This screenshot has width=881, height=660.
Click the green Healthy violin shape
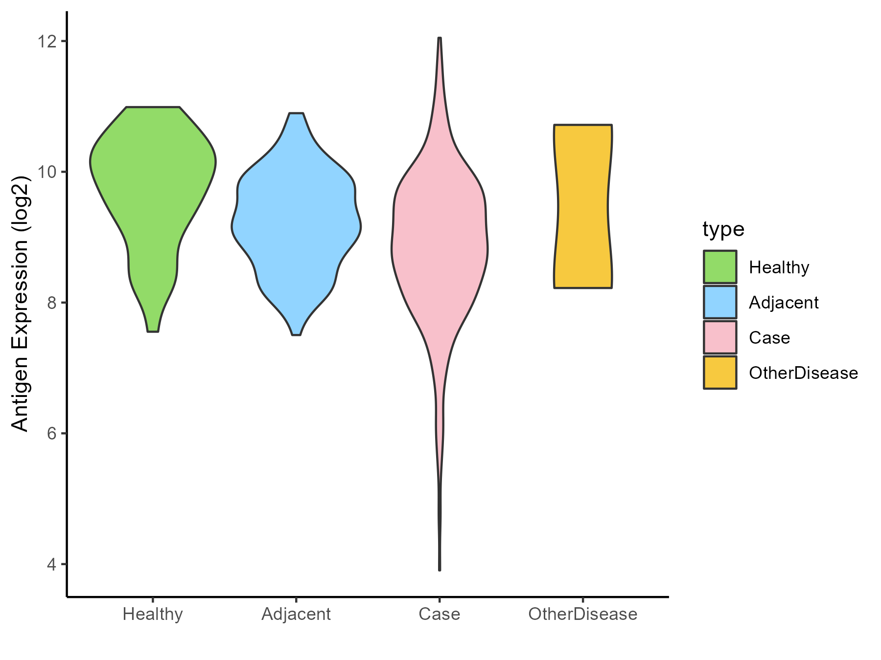point(153,196)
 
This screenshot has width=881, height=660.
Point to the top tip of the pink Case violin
point(440,39)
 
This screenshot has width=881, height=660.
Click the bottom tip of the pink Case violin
point(440,569)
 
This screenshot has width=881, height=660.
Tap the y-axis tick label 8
point(50,303)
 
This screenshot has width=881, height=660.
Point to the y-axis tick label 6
point(50,434)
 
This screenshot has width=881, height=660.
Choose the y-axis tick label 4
point(50,565)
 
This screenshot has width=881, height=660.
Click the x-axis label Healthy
point(153,614)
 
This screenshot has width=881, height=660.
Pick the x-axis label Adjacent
point(296,614)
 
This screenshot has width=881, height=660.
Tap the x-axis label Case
point(440,614)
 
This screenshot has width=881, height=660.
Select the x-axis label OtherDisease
point(583,614)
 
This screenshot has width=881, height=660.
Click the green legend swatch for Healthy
point(720,267)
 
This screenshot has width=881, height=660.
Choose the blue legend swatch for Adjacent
point(720,302)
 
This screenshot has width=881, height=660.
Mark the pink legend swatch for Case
point(720,337)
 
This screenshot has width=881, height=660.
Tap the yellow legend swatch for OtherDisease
point(720,373)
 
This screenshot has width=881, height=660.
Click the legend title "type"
point(723,229)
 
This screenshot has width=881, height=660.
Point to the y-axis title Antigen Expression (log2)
point(21,303)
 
